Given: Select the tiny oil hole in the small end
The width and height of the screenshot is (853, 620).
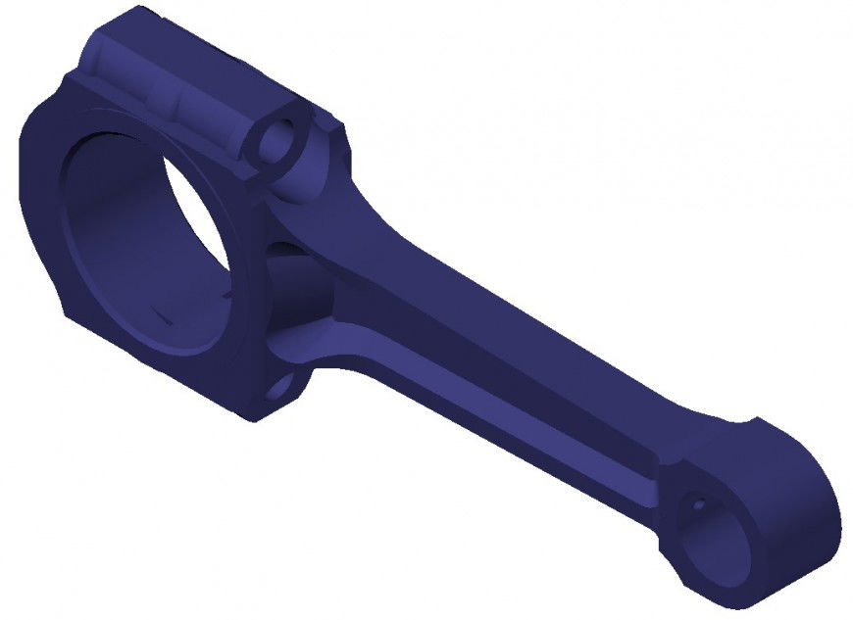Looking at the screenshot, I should (697, 506).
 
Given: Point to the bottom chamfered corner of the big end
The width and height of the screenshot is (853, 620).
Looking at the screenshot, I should (245, 411).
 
